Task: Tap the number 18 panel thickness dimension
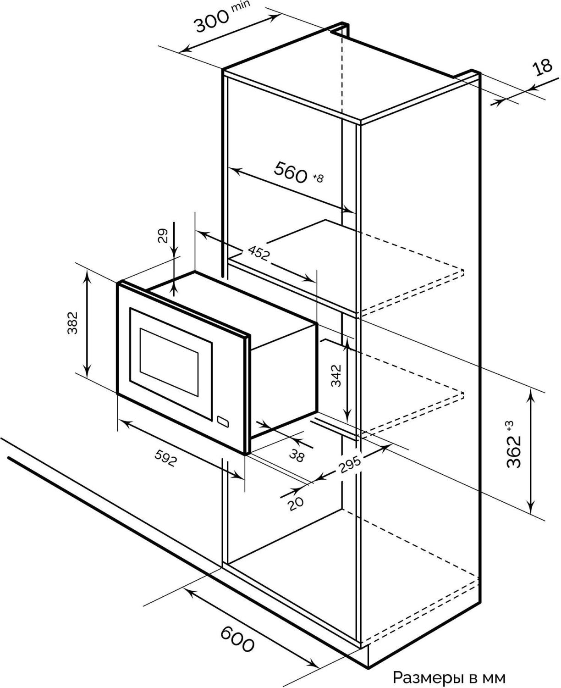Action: point(544,67)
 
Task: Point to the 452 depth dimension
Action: point(258,252)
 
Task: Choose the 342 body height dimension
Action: point(337,375)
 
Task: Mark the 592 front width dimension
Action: point(165,458)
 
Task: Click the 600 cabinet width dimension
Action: point(237,639)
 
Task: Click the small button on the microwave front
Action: point(224,421)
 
